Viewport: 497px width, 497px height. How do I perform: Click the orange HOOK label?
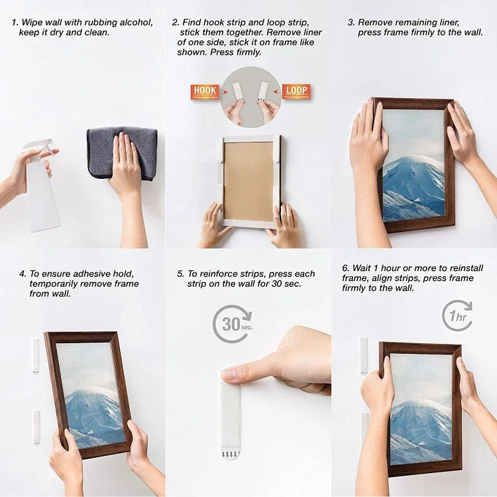tap(205, 92)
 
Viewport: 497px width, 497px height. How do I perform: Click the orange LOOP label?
tap(296, 92)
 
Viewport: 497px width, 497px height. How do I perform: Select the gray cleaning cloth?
tap(122, 152)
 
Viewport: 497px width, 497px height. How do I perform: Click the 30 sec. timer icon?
tap(232, 323)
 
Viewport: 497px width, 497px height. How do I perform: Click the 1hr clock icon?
tap(457, 315)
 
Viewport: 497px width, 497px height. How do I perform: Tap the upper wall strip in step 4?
tap(36, 355)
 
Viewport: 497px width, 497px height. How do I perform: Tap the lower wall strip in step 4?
tap(36, 427)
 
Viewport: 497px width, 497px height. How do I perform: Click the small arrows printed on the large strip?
tap(231, 454)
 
